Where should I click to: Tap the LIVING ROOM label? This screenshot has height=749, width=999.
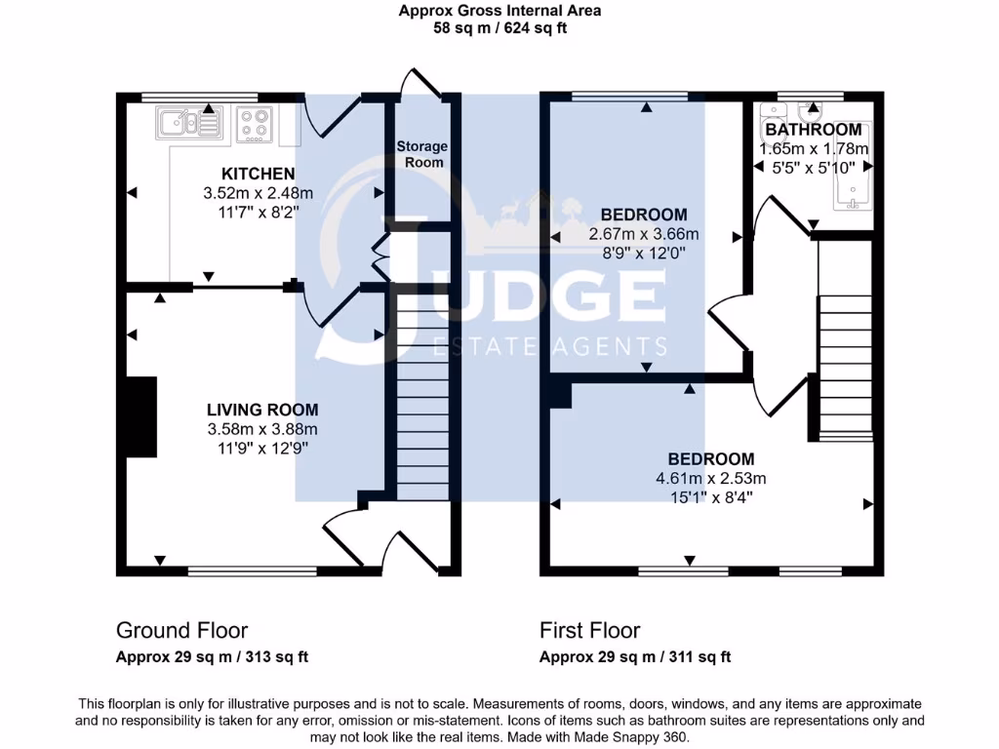(262, 410)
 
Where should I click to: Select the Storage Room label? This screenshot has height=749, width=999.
(421, 154)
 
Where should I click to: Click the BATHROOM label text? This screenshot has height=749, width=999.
(813, 130)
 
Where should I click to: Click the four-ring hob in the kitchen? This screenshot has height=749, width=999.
(255, 125)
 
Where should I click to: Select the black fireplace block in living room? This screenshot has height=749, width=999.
(142, 416)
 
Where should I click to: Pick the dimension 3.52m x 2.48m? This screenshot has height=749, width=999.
(258, 193)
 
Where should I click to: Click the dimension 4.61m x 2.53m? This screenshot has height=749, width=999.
(711, 478)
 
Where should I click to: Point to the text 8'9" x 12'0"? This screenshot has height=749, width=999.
(644, 253)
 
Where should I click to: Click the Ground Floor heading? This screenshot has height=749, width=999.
(181, 630)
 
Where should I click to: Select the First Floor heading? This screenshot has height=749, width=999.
(589, 630)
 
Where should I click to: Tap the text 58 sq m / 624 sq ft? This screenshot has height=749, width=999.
(499, 28)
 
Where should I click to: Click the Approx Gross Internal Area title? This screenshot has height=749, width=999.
(499, 11)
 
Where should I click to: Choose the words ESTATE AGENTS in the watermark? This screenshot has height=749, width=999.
(550, 346)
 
